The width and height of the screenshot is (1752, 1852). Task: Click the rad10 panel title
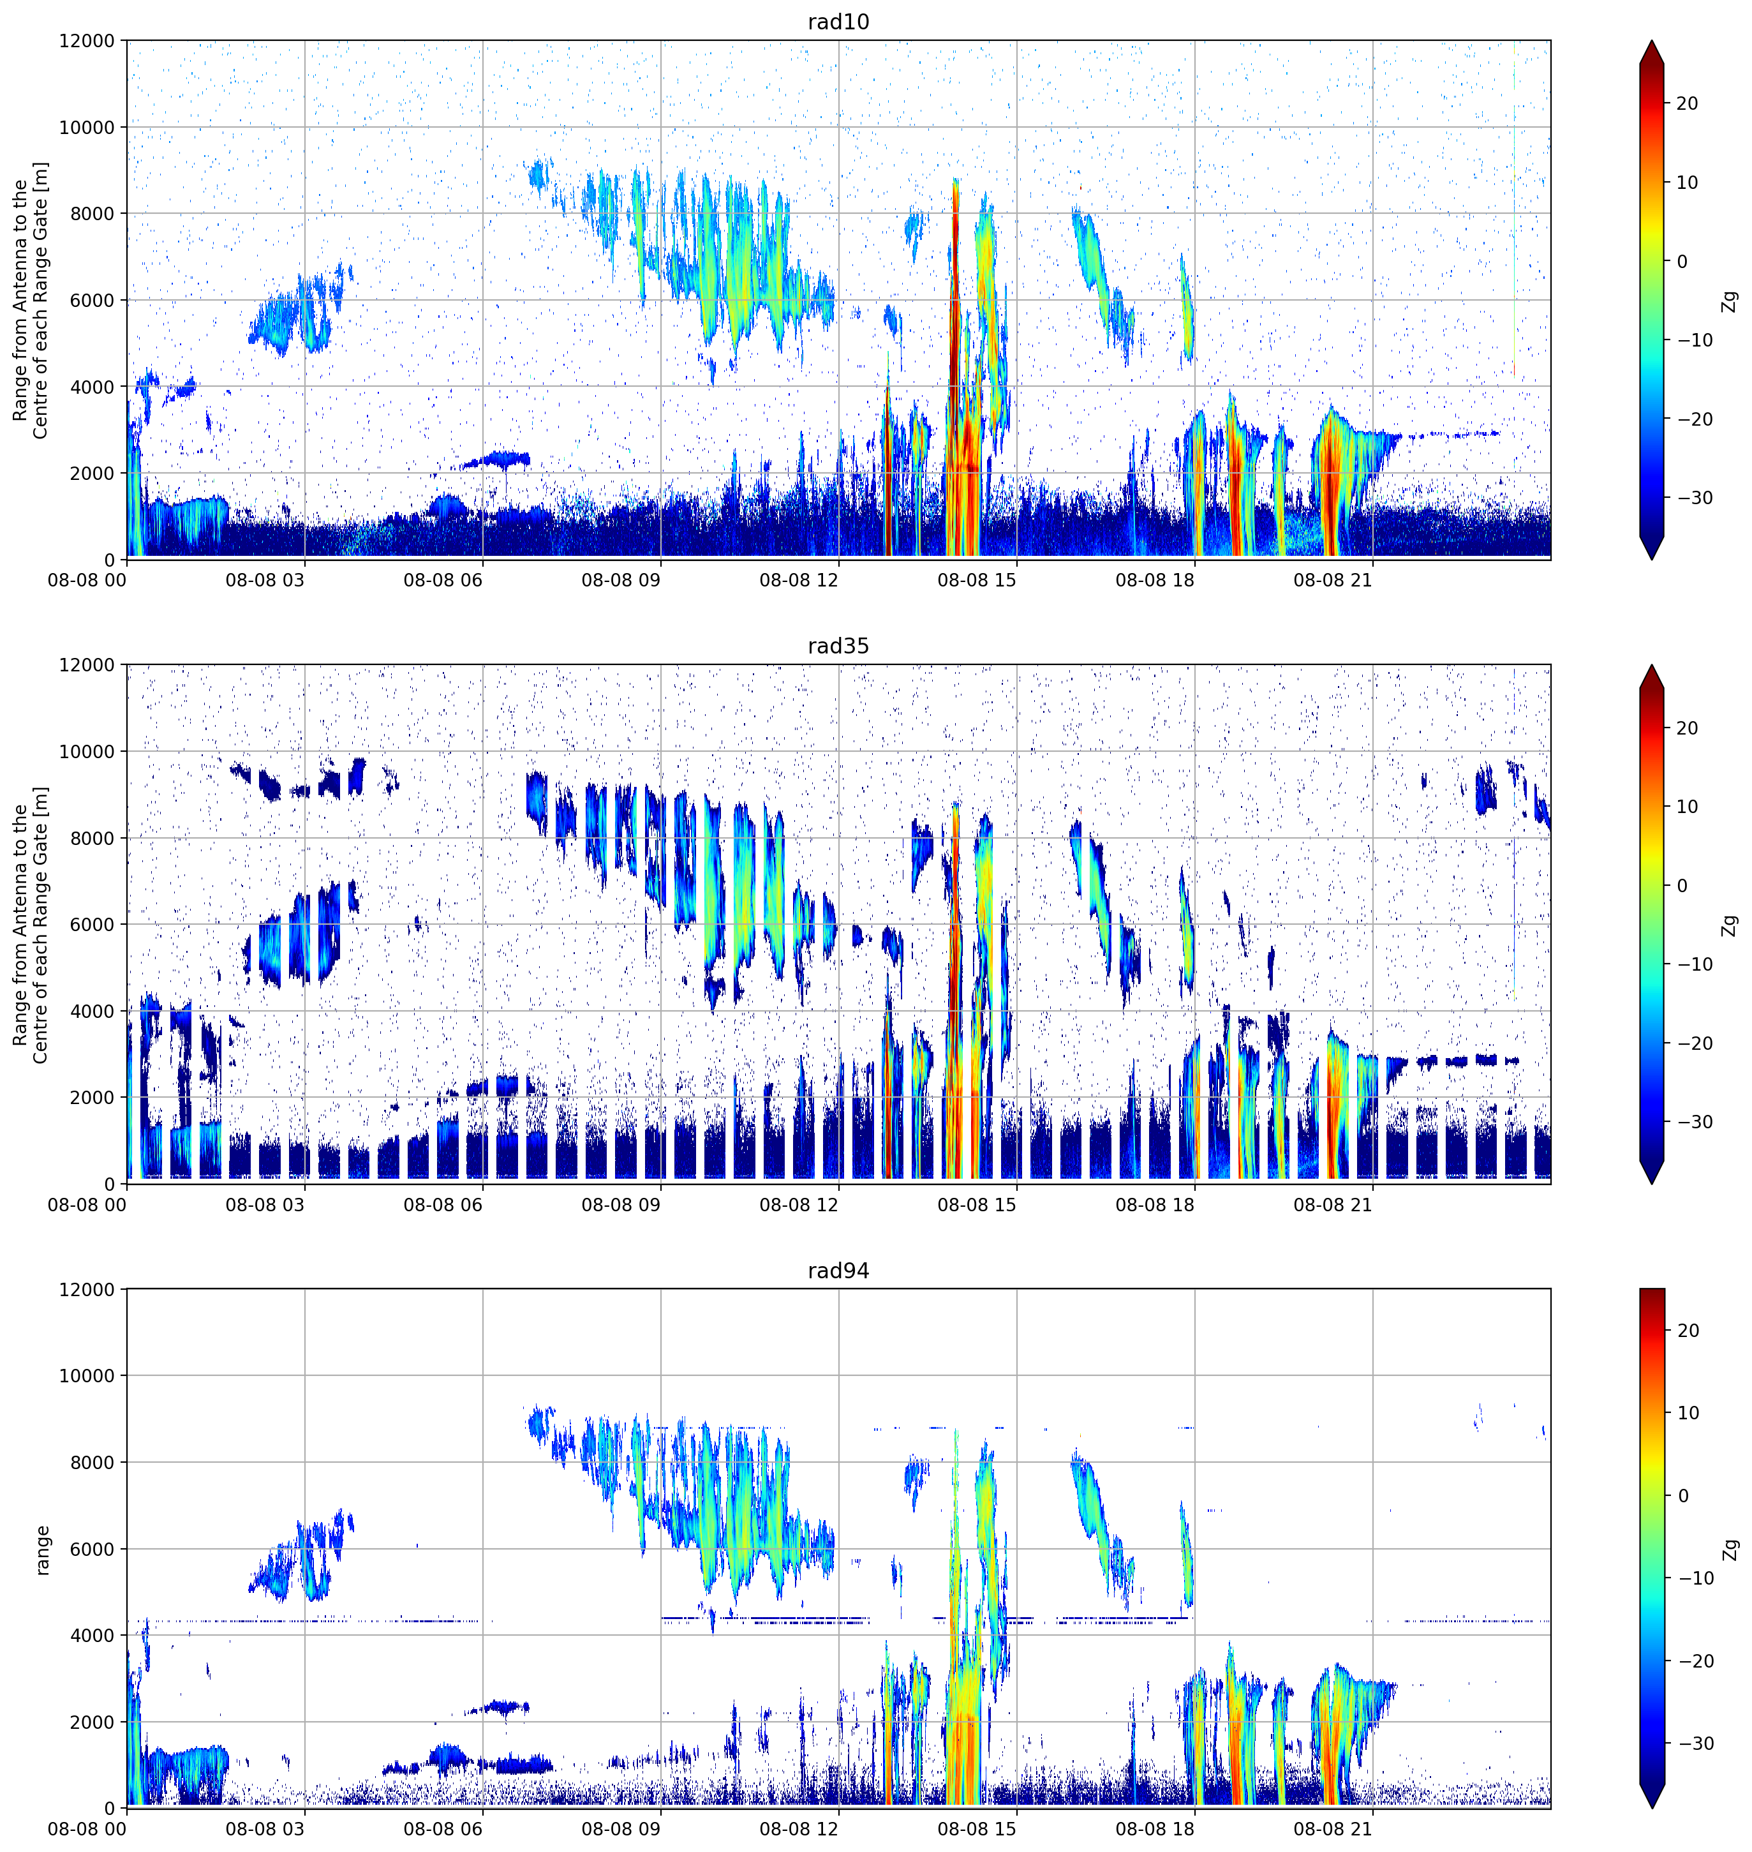point(838,22)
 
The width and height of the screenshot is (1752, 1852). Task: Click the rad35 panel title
point(838,646)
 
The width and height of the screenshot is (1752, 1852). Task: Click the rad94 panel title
point(838,1271)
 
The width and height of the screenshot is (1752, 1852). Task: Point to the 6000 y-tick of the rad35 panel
point(91,925)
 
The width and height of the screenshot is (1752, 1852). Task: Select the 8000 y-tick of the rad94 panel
point(91,1463)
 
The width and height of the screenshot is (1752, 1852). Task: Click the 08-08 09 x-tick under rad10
point(620,580)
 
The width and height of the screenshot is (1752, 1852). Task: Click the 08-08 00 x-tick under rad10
point(87,580)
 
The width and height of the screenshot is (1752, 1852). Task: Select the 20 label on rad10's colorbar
point(1687,103)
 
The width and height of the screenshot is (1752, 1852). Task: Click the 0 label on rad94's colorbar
point(1683,1495)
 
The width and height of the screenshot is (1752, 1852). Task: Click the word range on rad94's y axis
point(43,1550)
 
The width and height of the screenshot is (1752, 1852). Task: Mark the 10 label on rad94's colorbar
point(1687,1413)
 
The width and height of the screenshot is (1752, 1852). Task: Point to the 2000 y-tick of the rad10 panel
point(91,474)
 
